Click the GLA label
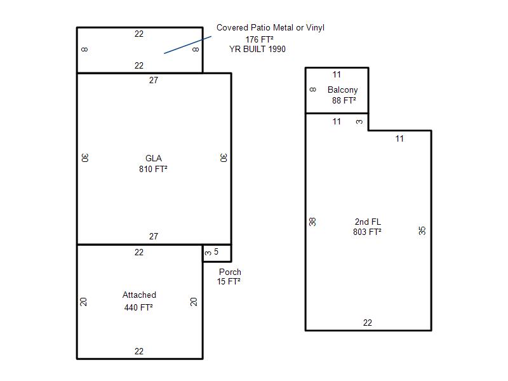click(x=154, y=158)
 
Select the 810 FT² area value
click(x=153, y=169)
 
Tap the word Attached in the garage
click(x=139, y=295)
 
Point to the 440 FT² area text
click(x=138, y=307)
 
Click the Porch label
click(x=230, y=272)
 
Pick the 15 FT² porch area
click(x=229, y=281)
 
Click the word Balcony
click(x=343, y=90)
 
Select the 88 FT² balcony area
click(x=344, y=100)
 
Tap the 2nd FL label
click(x=368, y=222)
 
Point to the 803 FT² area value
click(x=368, y=232)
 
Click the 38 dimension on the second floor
click(x=312, y=222)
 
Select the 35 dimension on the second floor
click(x=422, y=231)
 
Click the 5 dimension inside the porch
click(x=216, y=251)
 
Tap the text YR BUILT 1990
click(x=258, y=50)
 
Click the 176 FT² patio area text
click(x=260, y=39)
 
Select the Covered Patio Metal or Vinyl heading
click(x=271, y=28)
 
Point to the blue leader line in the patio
click(x=187, y=44)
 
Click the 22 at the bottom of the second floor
click(x=368, y=323)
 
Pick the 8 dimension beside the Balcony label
click(x=312, y=90)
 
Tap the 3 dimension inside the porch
click(x=208, y=253)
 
